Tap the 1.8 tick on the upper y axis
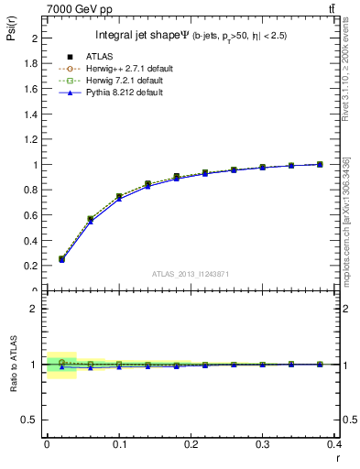pos(32,64)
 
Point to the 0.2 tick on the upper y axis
pos(32,266)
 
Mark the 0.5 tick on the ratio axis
pos(32,420)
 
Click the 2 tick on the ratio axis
pos(35,309)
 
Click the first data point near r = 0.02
pos(61,259)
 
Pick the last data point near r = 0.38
pos(320,164)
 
